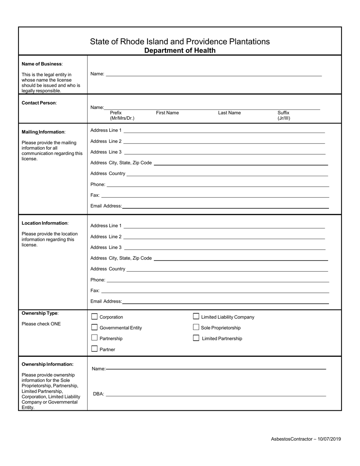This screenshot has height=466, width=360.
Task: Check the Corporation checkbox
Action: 95,317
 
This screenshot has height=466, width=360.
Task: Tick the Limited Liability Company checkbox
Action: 196,316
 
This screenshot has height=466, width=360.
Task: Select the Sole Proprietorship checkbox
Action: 196,327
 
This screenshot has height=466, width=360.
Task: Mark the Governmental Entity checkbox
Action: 95,327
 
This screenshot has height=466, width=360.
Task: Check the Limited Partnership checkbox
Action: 196,338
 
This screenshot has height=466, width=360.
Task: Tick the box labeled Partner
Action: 95,349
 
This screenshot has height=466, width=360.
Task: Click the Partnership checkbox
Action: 95,338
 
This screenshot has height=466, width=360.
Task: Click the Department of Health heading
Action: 180,50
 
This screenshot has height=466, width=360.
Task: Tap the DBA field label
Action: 98,394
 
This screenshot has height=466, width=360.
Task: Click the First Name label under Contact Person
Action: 167,113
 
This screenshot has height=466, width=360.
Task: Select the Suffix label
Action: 283,113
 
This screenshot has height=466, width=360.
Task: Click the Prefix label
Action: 116,113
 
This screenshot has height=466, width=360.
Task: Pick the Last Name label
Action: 229,113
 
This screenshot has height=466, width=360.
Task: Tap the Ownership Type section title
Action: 40,313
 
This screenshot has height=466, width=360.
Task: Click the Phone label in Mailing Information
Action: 98,185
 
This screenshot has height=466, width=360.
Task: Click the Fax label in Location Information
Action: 95,291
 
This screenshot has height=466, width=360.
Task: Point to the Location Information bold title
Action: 45,223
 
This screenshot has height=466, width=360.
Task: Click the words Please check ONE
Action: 41,324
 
